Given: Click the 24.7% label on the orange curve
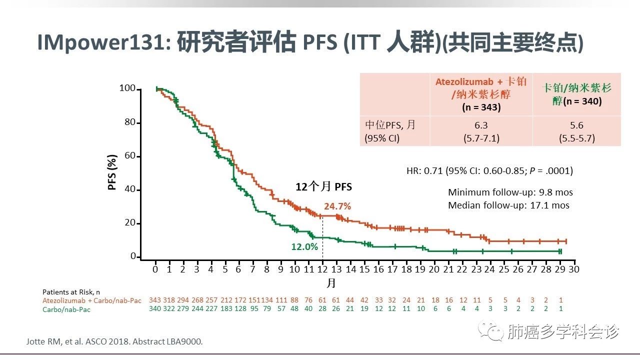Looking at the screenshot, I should point(336,206).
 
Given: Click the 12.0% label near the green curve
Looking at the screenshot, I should point(304,246).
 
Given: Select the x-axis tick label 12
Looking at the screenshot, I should point(322,269).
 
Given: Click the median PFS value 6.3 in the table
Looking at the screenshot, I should point(481,125).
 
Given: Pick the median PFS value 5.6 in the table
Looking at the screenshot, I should point(576,125).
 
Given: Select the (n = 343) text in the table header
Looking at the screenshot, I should point(481,106).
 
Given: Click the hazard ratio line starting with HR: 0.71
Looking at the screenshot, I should point(489,170).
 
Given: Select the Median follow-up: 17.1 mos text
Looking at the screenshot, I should point(508,205).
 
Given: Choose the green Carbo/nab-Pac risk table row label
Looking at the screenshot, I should point(66,309).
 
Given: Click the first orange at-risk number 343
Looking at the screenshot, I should point(155,300).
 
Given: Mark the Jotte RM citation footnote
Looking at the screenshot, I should point(114,342).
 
